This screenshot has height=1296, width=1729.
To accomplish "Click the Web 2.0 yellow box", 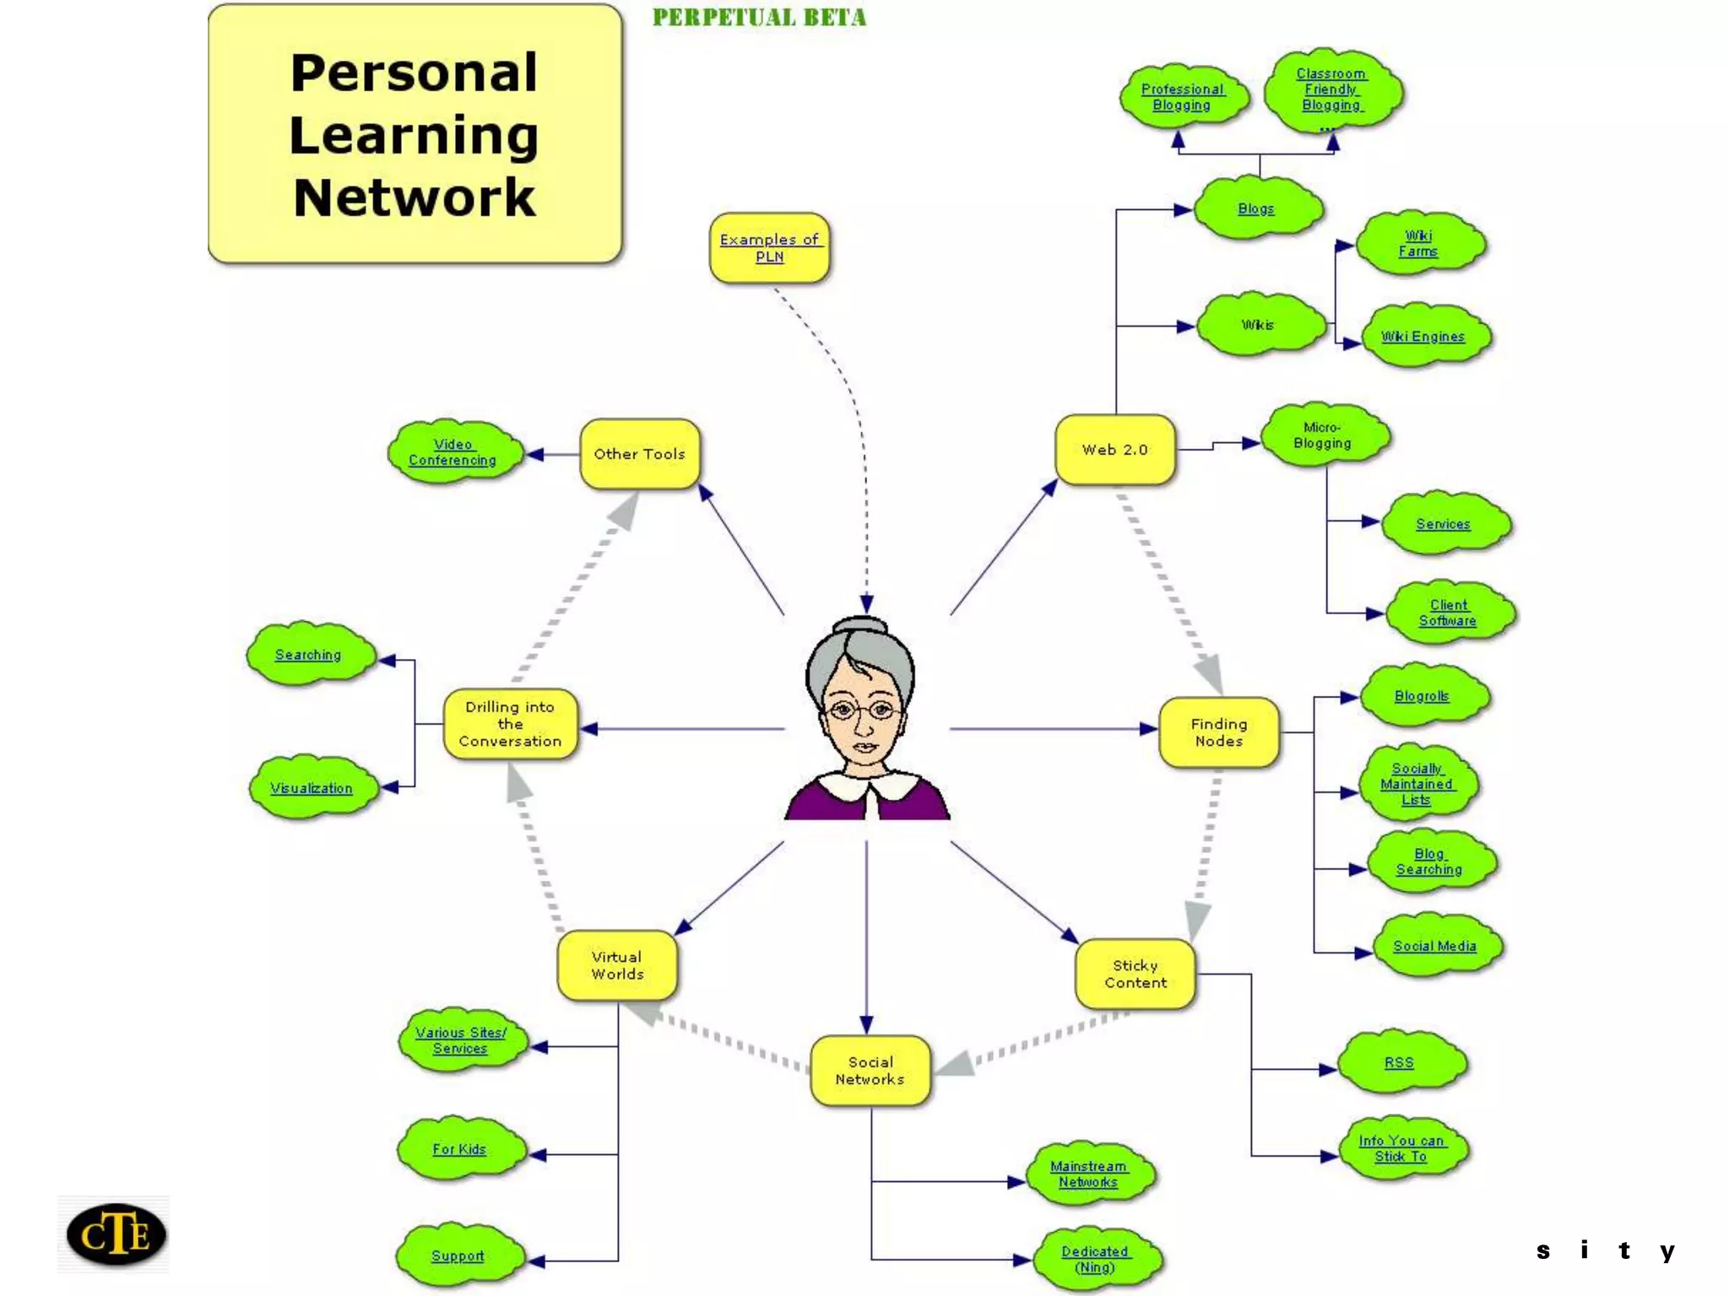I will click(1114, 450).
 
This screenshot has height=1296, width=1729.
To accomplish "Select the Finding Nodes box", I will click(1218, 732).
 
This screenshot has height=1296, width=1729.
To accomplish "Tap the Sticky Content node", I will click(1136, 974).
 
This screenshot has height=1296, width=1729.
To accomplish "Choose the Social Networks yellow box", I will click(870, 1071).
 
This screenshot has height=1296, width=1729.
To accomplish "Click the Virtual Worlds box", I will click(617, 965).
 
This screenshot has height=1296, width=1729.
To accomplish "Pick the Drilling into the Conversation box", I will click(510, 724).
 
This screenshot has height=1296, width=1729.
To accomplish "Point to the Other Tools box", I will click(639, 454).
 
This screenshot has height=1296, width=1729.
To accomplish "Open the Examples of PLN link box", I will click(769, 248).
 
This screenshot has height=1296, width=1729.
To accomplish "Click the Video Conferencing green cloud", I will click(453, 452).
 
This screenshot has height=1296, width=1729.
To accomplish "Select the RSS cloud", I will click(1400, 1062).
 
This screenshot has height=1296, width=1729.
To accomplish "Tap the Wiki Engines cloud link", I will click(1423, 337).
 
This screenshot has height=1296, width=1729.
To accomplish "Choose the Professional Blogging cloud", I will click(1182, 97).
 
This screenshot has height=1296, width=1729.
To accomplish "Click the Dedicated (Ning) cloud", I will click(1096, 1259).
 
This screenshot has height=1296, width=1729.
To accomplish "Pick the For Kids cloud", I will click(460, 1149).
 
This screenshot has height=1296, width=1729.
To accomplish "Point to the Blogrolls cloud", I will click(1423, 696).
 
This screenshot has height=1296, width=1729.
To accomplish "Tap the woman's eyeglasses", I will click(861, 710).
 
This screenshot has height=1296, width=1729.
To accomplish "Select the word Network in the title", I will click(415, 198).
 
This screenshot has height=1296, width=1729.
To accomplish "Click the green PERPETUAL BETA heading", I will click(759, 18).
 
